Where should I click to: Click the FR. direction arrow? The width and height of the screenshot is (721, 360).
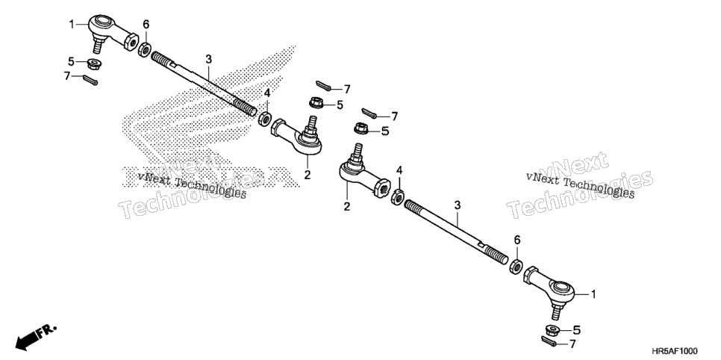35,336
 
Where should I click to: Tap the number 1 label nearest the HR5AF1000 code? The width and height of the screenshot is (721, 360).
593,294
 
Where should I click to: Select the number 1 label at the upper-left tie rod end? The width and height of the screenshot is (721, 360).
72,23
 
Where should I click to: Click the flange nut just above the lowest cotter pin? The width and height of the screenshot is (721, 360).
551,329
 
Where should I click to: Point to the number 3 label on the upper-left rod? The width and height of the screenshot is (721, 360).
209,59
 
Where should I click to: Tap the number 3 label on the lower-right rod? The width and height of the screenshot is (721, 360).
457,205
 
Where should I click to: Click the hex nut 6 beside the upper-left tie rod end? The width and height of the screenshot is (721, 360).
145,49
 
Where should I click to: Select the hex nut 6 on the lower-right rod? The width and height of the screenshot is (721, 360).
516,266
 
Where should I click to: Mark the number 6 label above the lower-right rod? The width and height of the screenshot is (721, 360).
517,240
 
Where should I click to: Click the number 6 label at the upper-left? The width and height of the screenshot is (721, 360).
146,24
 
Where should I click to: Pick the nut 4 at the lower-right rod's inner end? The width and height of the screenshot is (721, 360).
398,197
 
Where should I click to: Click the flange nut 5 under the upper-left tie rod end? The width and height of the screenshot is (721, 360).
95,63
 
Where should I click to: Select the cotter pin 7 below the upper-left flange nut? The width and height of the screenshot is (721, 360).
90,80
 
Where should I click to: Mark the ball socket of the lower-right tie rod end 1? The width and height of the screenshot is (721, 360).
561,288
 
